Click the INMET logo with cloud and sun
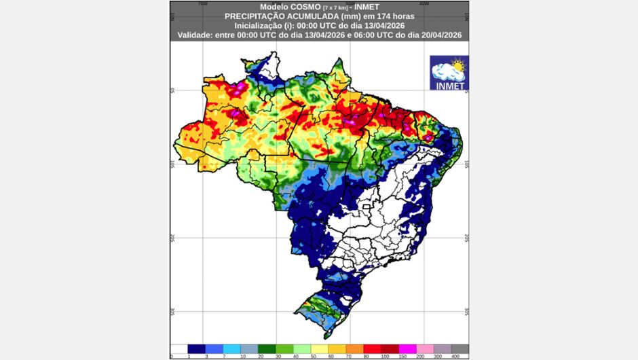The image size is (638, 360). click(449, 73)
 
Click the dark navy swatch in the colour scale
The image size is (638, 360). click(196, 348)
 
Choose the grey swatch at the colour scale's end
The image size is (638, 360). click(460, 348)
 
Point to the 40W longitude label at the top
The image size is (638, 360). click(424, 3)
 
